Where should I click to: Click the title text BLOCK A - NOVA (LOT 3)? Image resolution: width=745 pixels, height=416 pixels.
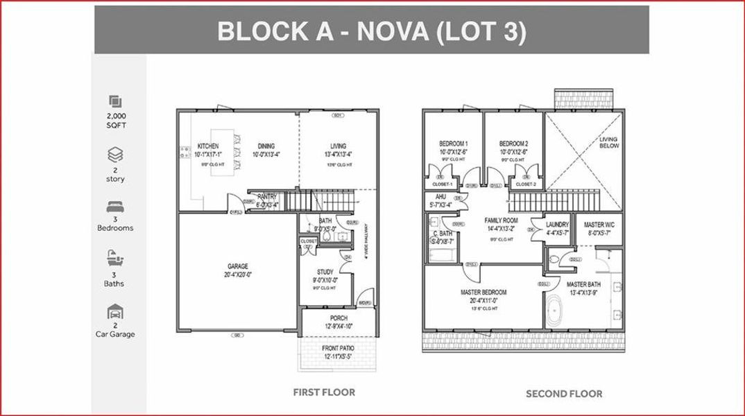(x=371, y=31)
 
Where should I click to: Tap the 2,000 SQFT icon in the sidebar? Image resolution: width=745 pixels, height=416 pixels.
(x=115, y=102)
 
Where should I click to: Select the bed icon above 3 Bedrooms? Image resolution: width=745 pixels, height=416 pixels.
(x=115, y=207)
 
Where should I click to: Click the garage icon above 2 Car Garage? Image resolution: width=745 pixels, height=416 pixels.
(x=115, y=312)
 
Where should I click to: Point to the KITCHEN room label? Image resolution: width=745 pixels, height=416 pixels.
(x=208, y=146)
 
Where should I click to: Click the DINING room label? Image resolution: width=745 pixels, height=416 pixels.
(x=266, y=146)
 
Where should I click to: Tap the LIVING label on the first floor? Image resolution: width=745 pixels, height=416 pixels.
(x=338, y=146)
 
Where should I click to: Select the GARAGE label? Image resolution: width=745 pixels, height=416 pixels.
(x=238, y=266)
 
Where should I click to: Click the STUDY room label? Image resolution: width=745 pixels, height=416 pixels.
(x=325, y=272)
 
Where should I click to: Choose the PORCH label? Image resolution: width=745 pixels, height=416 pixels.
(x=339, y=318)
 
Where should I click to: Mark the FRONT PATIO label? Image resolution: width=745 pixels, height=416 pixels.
(x=339, y=348)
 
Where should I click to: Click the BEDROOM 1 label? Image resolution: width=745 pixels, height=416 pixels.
(x=452, y=144)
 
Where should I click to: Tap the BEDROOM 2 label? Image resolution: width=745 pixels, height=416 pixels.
(x=514, y=144)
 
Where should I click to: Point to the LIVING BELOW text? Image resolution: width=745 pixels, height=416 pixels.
(x=608, y=143)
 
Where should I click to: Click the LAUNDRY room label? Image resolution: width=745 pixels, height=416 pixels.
(x=557, y=225)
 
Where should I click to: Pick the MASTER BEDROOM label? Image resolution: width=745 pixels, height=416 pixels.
(x=483, y=293)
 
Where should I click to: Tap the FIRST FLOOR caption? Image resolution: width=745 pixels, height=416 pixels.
(x=324, y=392)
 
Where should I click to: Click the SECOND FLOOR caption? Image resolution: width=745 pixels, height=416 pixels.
(x=563, y=394)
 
